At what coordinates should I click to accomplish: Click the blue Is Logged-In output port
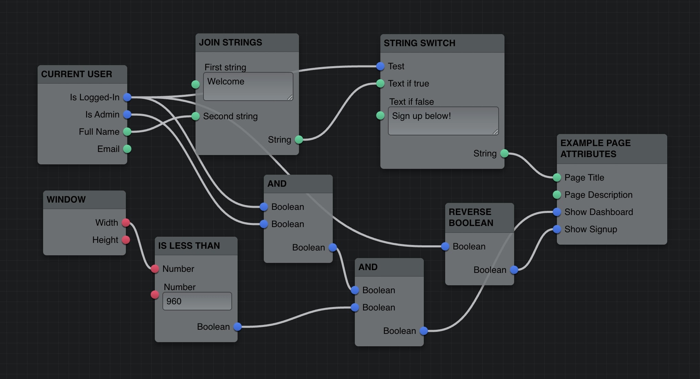coord(127,97)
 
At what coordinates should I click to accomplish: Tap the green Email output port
coord(127,149)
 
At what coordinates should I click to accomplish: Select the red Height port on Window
coord(126,240)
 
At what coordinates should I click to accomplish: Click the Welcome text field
coord(248,86)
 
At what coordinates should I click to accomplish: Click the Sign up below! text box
coord(443,121)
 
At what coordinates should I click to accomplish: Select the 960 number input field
coord(197,301)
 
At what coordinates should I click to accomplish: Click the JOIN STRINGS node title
coord(230,42)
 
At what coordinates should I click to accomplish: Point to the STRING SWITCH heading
coord(419,43)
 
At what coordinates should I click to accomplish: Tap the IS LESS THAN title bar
coord(189,246)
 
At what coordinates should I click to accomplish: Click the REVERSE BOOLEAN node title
coord(471,217)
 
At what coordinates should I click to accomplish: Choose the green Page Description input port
coord(557,195)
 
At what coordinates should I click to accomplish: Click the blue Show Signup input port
coord(557,229)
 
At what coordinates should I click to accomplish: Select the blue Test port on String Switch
coord(380,66)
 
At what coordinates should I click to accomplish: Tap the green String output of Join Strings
coord(299,140)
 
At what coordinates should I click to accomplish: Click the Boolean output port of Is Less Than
coord(238,327)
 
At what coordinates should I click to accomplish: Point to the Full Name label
coord(99,132)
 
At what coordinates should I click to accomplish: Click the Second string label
coord(230,116)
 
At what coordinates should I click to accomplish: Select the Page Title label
coord(584,177)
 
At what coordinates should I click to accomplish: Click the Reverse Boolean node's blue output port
coord(514,270)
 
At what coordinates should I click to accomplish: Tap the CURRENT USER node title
coord(77,74)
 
